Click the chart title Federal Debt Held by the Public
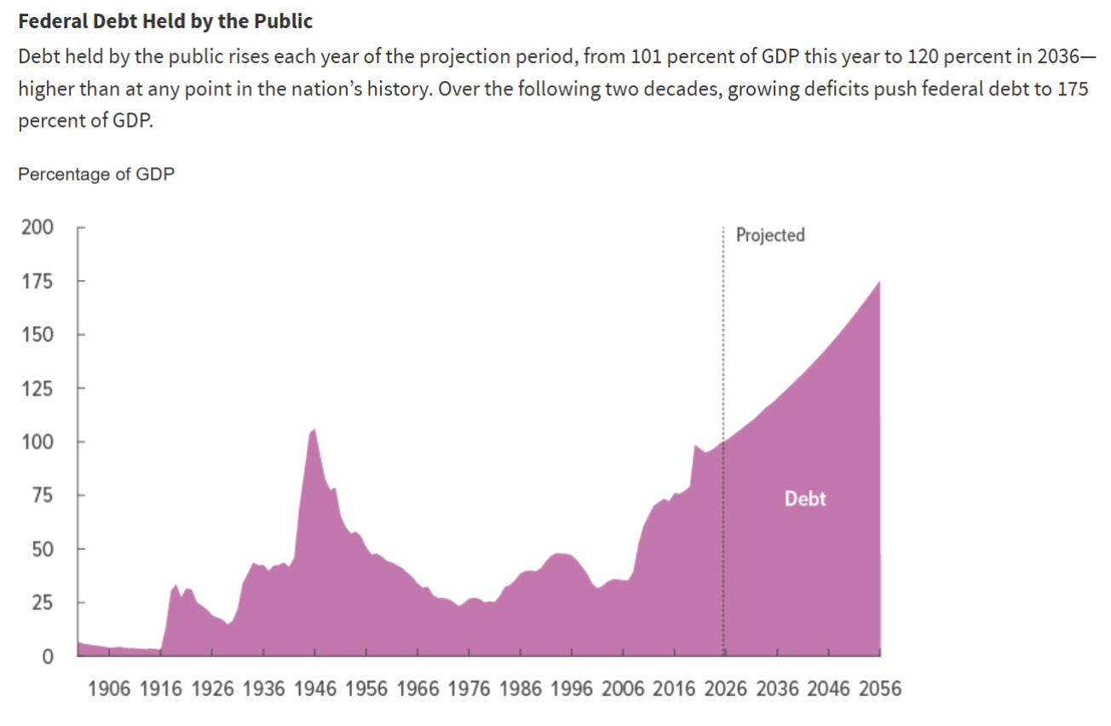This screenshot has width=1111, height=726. coord(165,21)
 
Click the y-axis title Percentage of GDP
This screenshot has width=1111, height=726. coord(96,174)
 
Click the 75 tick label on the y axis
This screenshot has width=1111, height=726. coord(43,496)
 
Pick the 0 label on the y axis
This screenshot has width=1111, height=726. coord(48,657)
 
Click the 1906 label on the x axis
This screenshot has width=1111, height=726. coord(110,689)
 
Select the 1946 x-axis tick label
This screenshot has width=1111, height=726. coord(315,689)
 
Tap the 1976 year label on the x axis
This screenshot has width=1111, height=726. coord(469,689)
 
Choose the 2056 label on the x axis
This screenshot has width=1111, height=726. coord(878,689)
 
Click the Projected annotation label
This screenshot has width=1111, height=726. coord(770,235)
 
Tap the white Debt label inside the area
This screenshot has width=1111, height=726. coord(805,498)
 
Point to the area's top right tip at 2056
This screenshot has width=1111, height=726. coord(879,282)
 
